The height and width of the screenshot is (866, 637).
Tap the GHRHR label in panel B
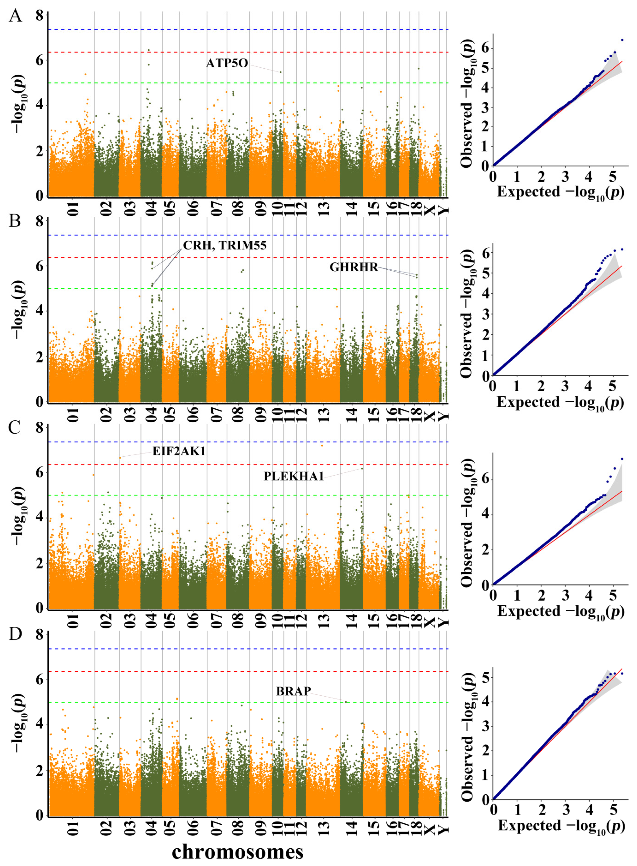(x=354, y=267)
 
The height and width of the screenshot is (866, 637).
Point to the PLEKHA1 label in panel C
(x=293, y=477)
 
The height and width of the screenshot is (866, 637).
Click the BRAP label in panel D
(x=293, y=691)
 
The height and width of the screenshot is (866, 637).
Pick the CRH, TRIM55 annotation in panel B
(x=224, y=245)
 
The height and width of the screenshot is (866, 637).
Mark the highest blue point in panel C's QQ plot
(x=622, y=459)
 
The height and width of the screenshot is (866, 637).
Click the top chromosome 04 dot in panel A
(x=149, y=50)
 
